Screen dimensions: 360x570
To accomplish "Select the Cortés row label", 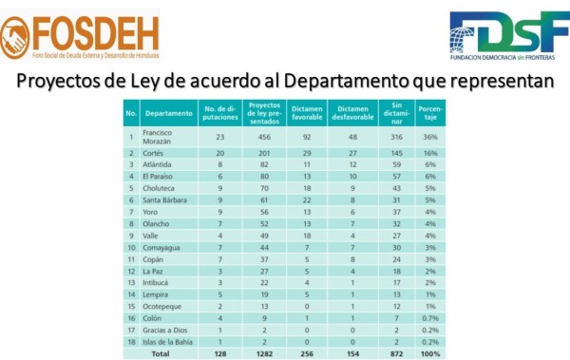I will [154, 153].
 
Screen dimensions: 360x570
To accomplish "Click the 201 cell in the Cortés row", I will [260, 153].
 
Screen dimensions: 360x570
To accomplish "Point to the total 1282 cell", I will [260, 352].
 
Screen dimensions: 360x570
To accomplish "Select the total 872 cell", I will [396, 352].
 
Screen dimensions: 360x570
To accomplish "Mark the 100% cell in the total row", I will [430, 352].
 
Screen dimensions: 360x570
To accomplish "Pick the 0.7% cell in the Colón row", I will [430, 315].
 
